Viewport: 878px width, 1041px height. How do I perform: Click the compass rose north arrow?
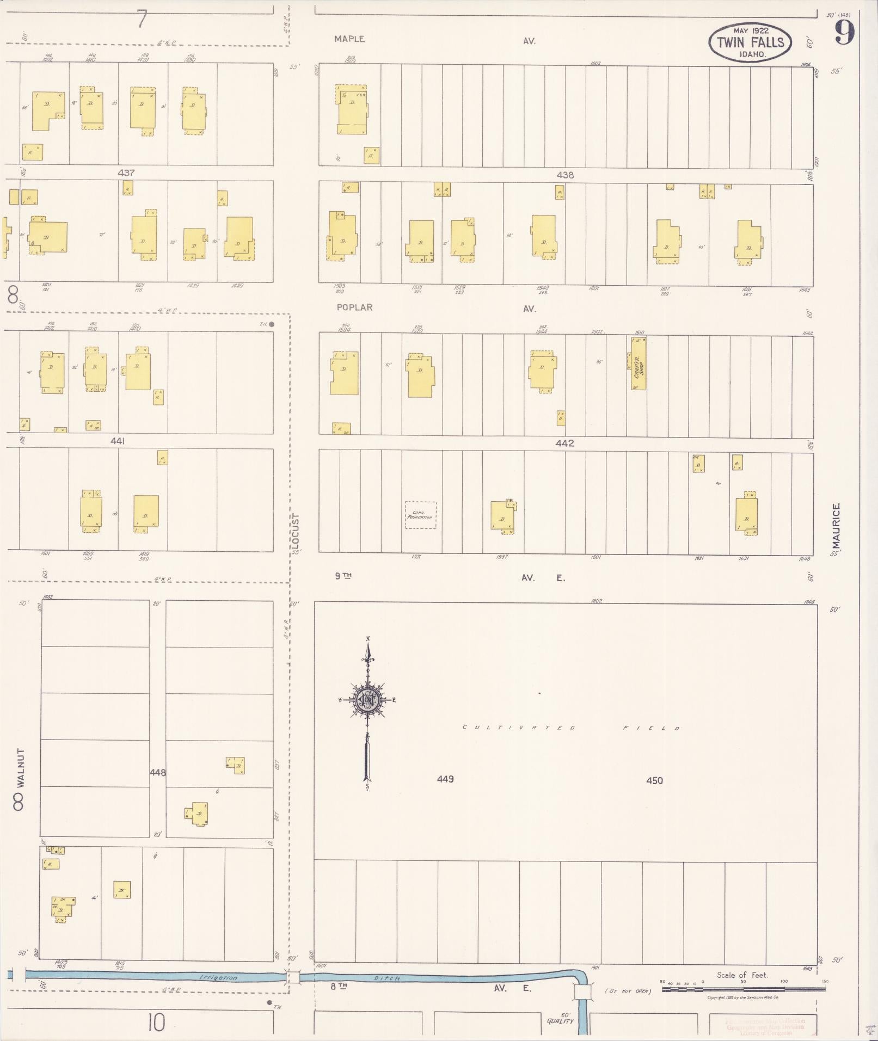point(368,703)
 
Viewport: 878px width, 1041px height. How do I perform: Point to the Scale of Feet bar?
point(744,988)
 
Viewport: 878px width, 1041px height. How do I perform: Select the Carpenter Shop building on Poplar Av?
point(638,363)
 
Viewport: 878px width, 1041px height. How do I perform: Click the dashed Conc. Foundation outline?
point(421,515)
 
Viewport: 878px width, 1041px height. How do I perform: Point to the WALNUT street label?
point(21,767)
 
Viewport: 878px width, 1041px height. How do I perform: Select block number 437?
point(126,173)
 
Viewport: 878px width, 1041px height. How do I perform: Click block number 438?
point(565,175)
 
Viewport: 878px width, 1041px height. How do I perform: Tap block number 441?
point(118,441)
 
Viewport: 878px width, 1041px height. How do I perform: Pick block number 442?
point(565,443)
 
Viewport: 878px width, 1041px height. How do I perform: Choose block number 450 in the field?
point(654,780)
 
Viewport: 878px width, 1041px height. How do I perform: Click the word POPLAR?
point(354,307)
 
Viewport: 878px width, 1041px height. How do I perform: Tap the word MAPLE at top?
point(349,39)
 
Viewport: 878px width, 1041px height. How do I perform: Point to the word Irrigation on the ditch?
point(218,977)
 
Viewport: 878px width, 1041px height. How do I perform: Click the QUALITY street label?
point(560,1021)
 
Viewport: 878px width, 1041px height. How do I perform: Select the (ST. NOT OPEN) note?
point(628,991)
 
